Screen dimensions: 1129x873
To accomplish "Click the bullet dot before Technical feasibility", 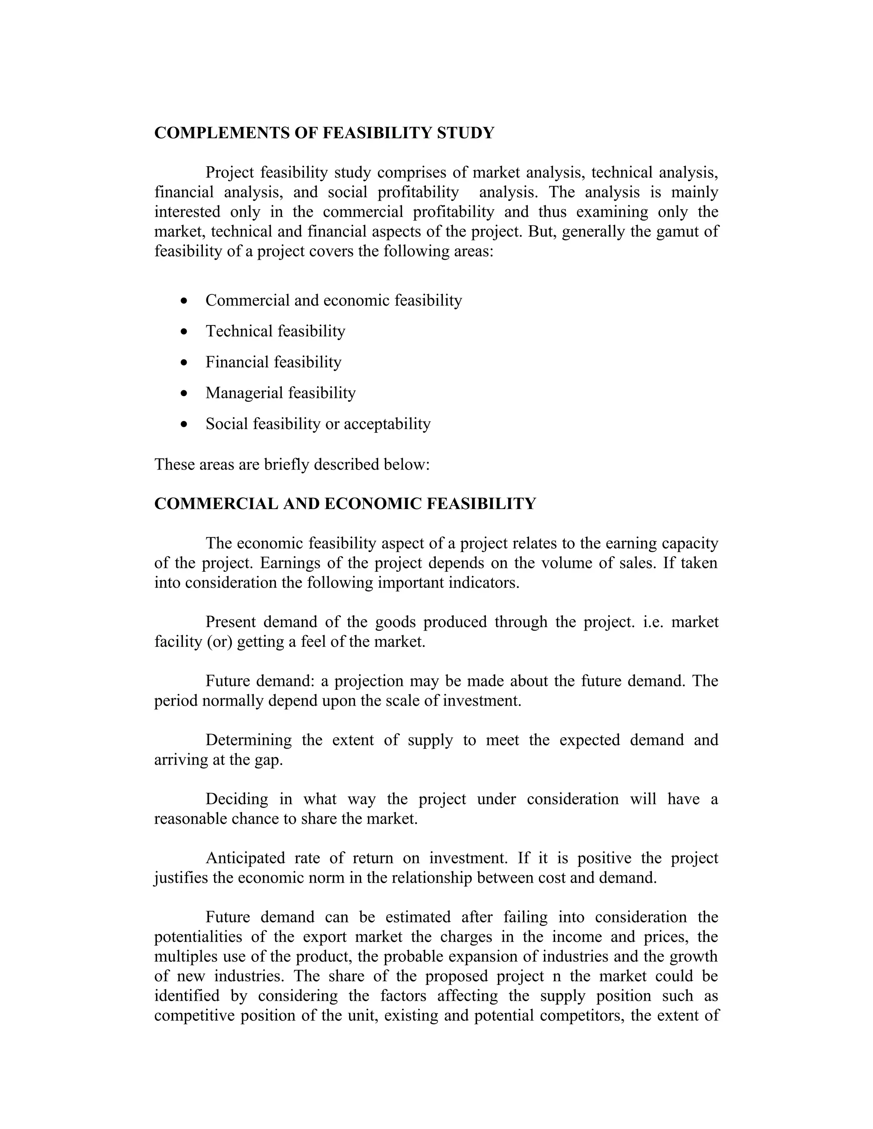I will click(x=185, y=331).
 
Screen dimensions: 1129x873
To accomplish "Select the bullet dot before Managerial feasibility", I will click(x=185, y=393).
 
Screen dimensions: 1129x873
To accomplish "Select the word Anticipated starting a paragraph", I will click(x=245, y=858).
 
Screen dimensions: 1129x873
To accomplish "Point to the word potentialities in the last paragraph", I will click(x=198, y=937).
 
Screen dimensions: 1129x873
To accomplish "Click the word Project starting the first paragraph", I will click(x=230, y=172).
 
